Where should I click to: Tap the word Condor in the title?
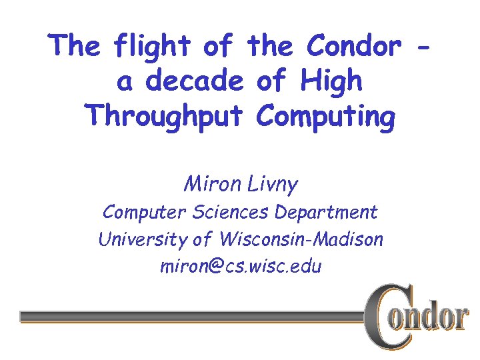point(353,46)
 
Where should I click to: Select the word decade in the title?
point(194,81)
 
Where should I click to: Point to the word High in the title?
point(331,81)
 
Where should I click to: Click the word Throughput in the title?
point(167,117)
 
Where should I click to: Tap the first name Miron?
point(207,183)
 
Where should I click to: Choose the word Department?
point(326,213)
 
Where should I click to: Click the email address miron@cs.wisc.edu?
point(241,267)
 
